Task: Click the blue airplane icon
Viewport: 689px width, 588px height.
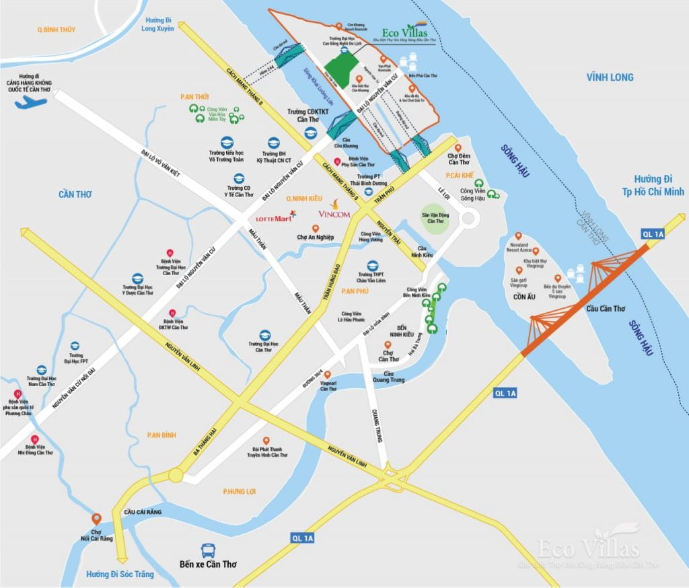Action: pyautogui.click(x=31, y=102)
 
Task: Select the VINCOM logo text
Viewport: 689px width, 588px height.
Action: pyautogui.click(x=334, y=215)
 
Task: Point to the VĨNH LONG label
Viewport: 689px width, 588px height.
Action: pyautogui.click(x=609, y=77)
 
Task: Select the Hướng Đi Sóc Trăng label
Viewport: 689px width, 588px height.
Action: pyautogui.click(x=120, y=574)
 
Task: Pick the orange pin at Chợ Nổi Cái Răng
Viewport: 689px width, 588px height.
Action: pyautogui.click(x=96, y=519)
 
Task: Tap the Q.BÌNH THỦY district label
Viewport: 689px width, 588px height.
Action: pyautogui.click(x=57, y=30)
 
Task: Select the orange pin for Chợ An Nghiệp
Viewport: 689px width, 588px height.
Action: pyautogui.click(x=315, y=228)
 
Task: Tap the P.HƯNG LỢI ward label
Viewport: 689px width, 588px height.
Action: pyautogui.click(x=240, y=492)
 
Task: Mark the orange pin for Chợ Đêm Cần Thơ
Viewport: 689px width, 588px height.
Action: pyautogui.click(x=458, y=148)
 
